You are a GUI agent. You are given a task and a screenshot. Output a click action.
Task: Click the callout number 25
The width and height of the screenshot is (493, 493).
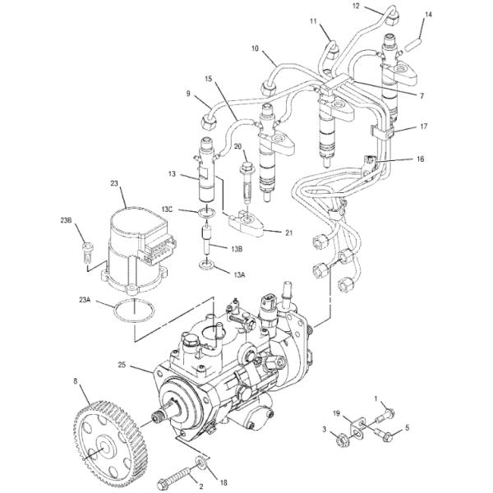tap(122, 365)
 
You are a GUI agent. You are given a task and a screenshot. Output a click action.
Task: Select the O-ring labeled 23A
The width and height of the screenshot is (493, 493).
tap(135, 311)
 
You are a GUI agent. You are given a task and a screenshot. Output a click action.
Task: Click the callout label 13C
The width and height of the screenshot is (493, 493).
tap(167, 209)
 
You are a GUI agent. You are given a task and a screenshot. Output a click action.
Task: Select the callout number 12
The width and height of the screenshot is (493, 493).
tap(356, 6)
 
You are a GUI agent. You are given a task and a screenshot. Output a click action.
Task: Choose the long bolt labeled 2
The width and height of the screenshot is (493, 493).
tap(175, 472)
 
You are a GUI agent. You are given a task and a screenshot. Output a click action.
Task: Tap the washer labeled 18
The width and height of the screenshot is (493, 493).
tap(200, 462)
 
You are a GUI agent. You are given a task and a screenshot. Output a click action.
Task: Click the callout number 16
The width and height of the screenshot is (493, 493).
tap(420, 159)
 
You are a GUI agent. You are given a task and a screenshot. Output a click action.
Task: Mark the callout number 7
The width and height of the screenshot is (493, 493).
tap(422, 96)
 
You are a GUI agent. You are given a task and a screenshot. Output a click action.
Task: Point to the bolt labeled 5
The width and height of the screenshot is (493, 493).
tap(383, 435)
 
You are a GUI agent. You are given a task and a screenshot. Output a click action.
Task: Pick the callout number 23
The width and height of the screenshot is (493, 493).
tap(114, 182)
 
